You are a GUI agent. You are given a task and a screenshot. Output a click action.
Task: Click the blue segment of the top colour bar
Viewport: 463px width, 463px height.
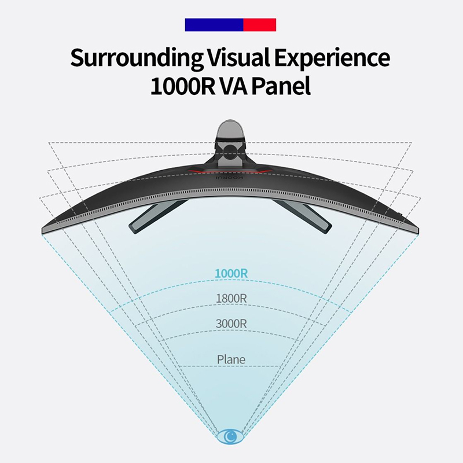click(214, 24)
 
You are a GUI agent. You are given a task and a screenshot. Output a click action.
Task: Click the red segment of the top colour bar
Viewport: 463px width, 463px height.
click(260, 24)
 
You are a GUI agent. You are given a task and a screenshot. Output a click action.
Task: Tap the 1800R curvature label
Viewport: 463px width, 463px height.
click(231, 299)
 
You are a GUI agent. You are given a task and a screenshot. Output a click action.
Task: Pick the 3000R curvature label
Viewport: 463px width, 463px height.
click(231, 324)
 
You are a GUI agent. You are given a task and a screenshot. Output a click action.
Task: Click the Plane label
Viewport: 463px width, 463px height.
click(231, 359)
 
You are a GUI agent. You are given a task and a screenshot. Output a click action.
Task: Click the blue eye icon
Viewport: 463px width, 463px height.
click(231, 435)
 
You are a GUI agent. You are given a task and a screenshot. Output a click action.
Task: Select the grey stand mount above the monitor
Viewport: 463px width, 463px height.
click(231, 145)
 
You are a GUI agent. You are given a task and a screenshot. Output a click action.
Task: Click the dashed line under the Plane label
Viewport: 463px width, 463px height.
click(231, 367)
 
